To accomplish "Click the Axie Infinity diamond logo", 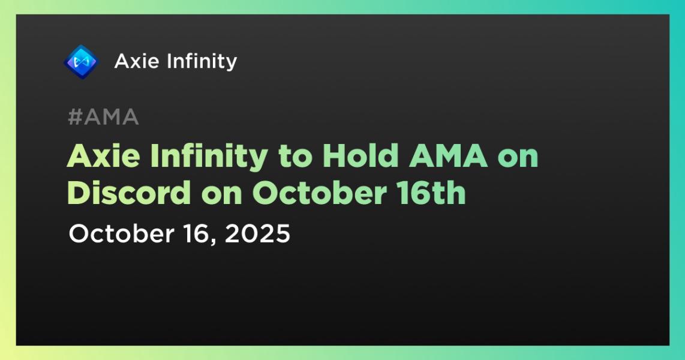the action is point(81,62).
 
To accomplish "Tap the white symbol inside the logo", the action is point(81,62).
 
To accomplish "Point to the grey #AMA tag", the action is point(104,117).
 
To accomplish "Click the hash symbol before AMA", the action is point(75,117).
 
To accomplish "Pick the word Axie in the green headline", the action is point(104,156).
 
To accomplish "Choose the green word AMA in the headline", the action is point(448,156).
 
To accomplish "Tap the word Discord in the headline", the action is point(129,193).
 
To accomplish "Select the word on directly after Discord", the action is point(221,196).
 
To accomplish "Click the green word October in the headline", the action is point(319,193).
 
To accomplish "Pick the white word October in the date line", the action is point(121,233).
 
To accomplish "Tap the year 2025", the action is point(257,234).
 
